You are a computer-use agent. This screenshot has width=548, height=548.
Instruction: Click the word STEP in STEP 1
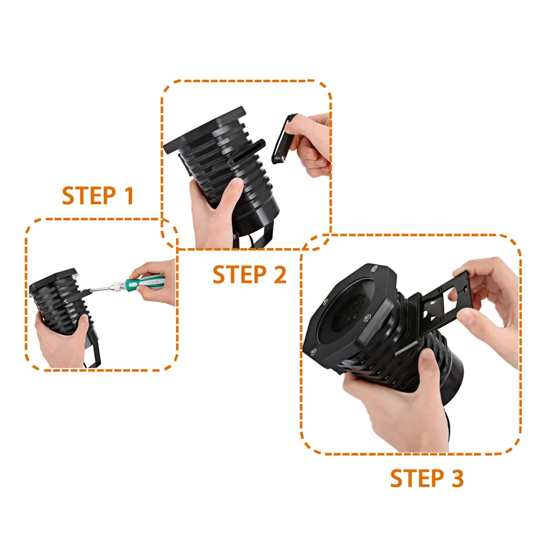[89, 196]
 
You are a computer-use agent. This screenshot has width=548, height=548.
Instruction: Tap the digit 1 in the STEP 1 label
[129, 196]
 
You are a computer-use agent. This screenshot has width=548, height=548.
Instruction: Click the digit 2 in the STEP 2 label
[279, 275]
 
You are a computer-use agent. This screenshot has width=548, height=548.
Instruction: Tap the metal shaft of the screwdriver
[101, 289]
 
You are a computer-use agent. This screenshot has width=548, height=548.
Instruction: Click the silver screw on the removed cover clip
[283, 158]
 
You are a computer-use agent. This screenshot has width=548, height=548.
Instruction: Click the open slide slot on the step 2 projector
[246, 151]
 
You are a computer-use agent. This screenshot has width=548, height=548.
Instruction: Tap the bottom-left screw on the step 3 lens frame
[313, 352]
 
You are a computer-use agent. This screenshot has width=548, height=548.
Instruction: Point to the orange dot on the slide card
[466, 290]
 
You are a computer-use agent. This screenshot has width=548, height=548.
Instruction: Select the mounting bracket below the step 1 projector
[94, 350]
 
